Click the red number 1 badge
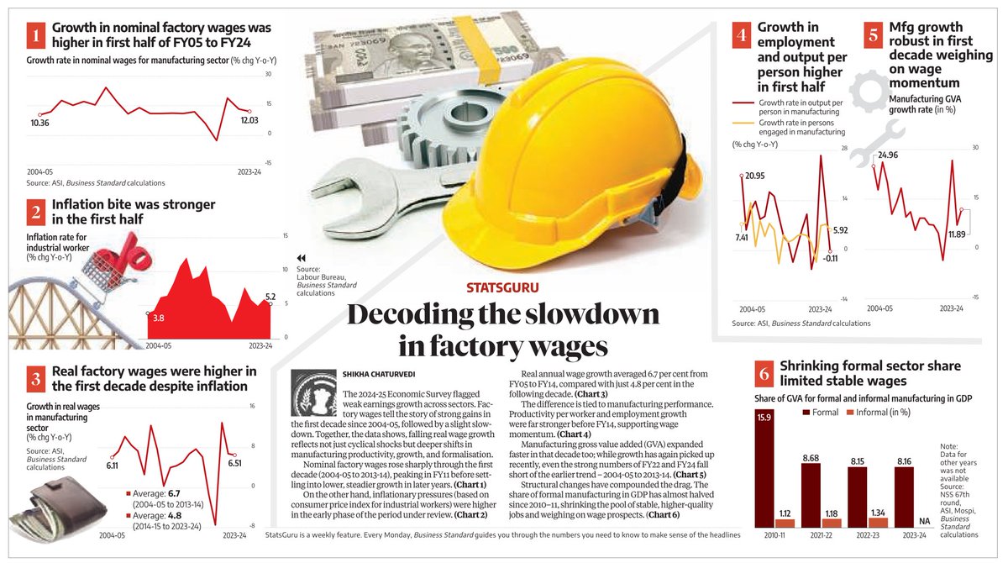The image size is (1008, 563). click(x=36, y=35)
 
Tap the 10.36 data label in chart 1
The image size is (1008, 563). click(x=39, y=123)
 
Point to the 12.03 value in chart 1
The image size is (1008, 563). click(x=249, y=120)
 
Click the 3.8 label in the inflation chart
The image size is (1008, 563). click(x=159, y=318)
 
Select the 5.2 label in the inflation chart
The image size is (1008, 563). click(x=270, y=297)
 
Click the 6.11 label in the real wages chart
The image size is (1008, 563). click(x=112, y=466)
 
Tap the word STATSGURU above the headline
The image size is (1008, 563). click(x=502, y=287)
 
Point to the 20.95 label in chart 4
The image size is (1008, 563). click(x=754, y=176)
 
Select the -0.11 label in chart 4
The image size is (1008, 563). click(x=830, y=259)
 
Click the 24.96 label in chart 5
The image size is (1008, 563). click(x=888, y=155)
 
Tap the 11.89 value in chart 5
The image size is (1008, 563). click(x=957, y=234)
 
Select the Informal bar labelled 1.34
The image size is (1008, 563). click(x=878, y=523)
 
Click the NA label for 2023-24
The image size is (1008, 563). click(x=924, y=521)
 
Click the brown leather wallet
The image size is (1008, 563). click(x=59, y=508)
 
